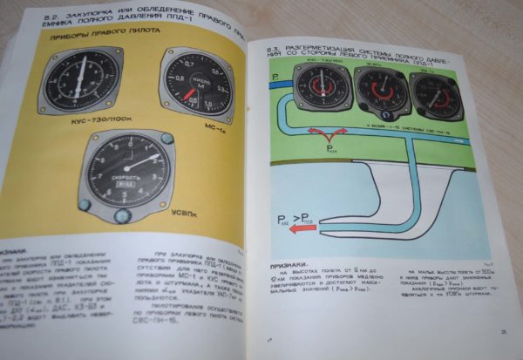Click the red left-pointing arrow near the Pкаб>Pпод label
pos(302,231)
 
